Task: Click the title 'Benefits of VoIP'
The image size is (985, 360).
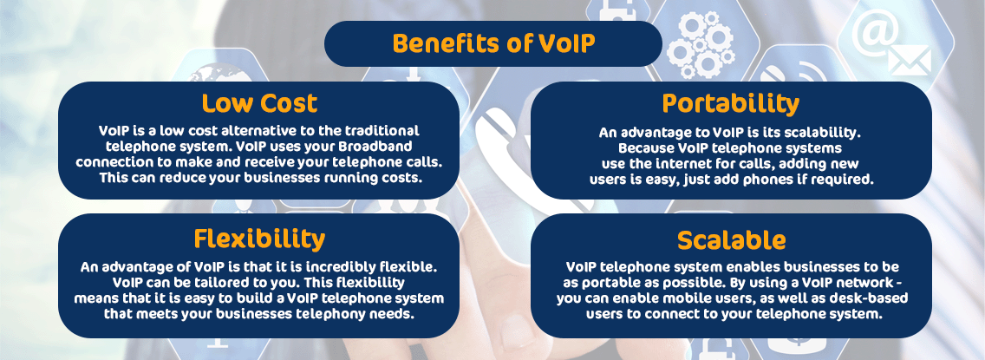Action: (492, 43)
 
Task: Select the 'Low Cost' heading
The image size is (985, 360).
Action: (259, 103)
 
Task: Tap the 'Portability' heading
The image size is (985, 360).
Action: (730, 103)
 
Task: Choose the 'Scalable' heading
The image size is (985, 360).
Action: (731, 239)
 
